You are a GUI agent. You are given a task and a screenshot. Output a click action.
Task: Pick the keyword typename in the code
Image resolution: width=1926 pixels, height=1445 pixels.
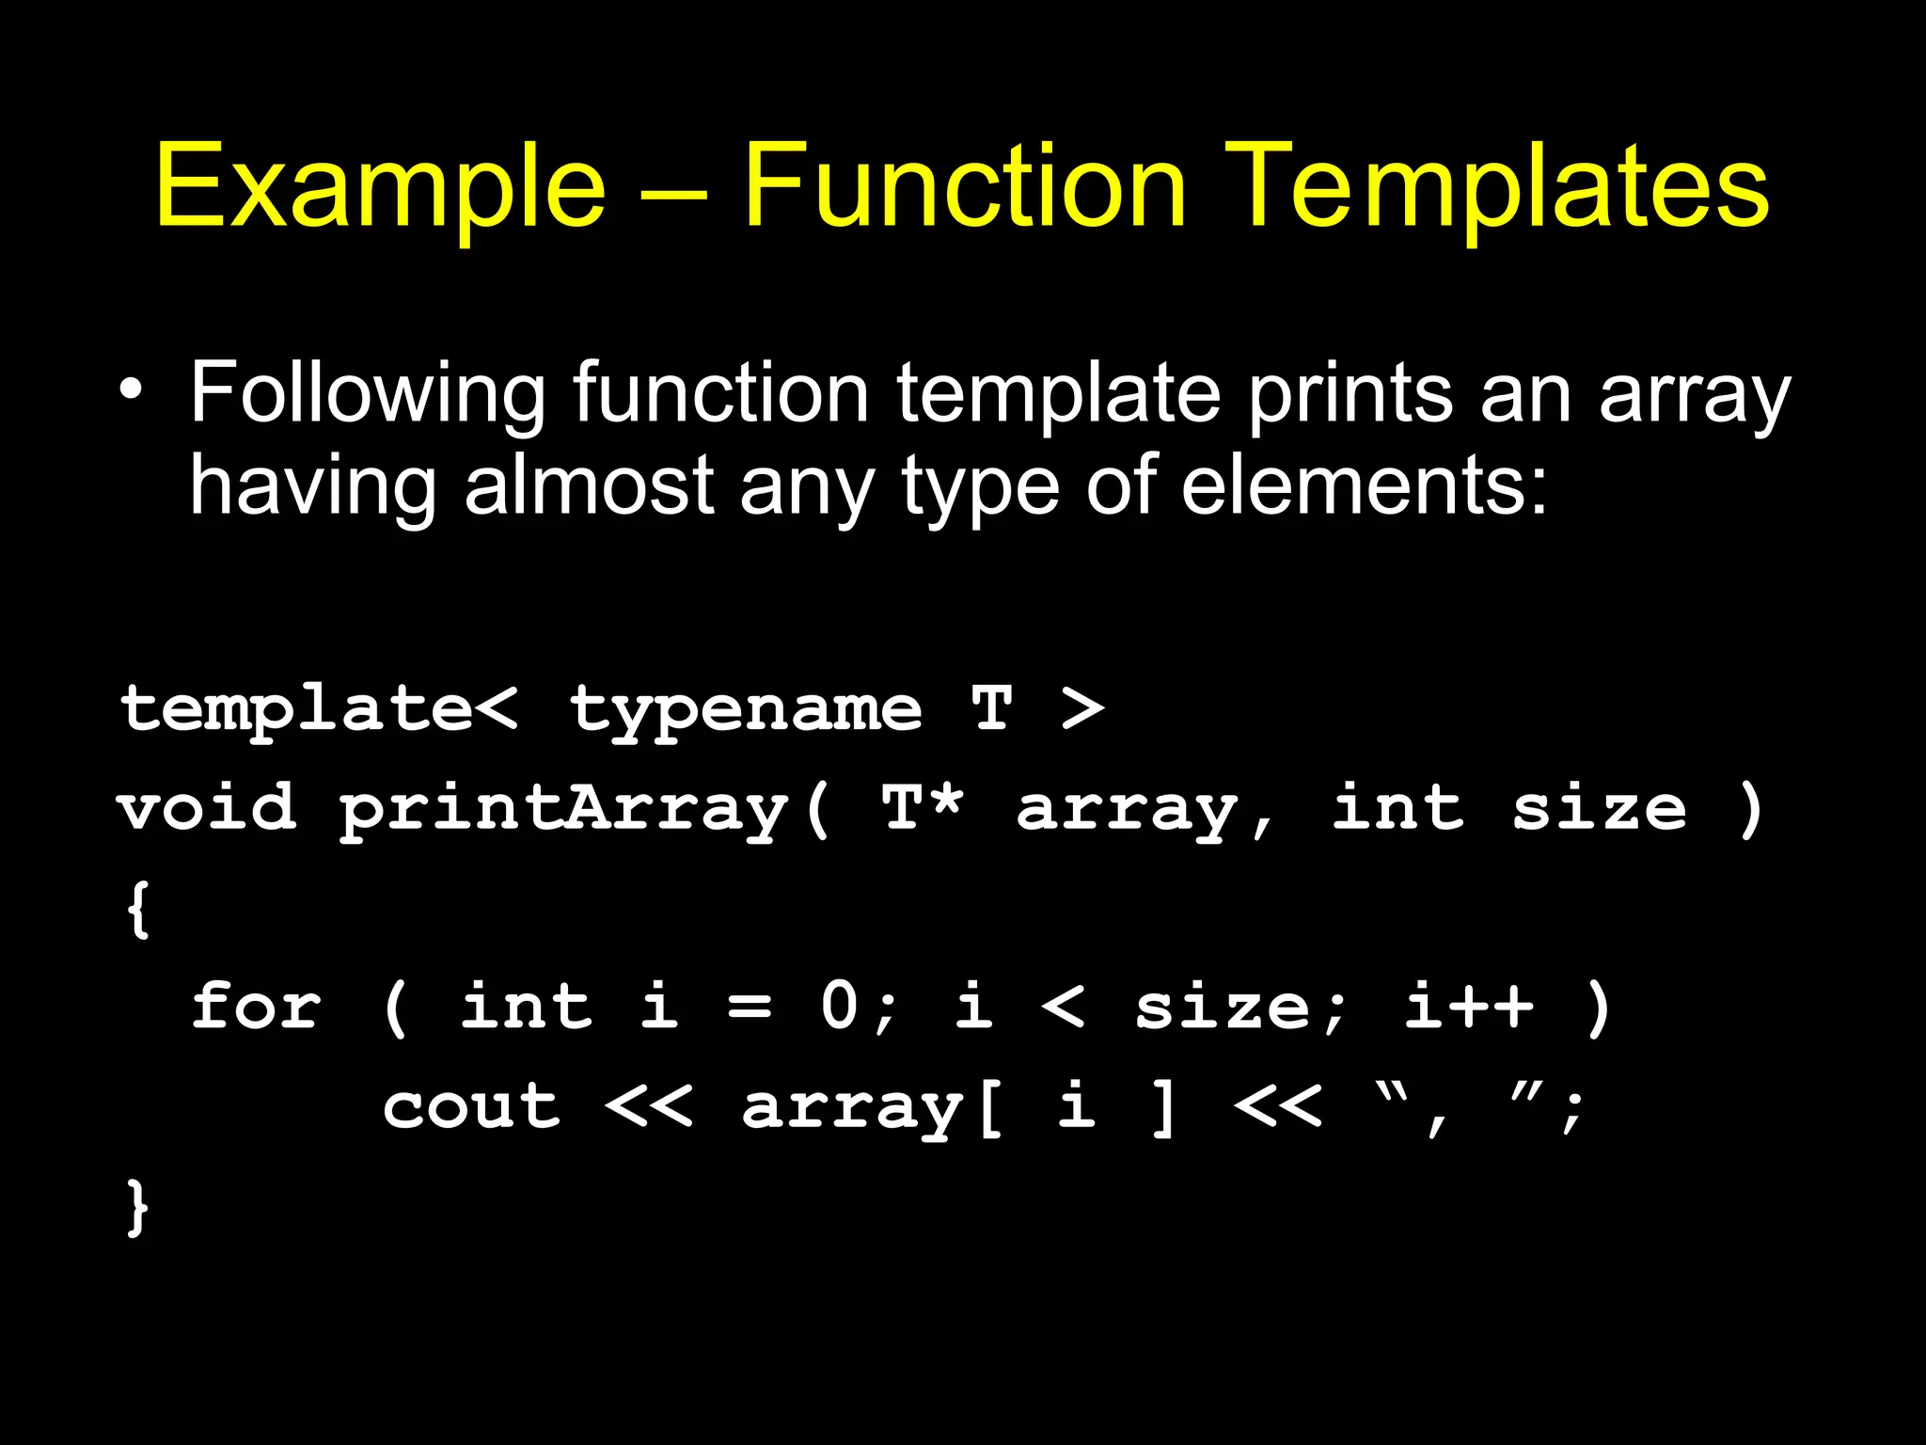click(746, 709)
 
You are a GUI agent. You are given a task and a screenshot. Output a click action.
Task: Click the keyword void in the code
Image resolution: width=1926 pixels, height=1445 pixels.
click(207, 809)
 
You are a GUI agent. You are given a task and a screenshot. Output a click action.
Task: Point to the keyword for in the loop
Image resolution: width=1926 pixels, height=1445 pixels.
click(256, 1007)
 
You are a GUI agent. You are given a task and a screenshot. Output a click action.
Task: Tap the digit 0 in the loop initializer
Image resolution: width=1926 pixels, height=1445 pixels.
click(840, 1006)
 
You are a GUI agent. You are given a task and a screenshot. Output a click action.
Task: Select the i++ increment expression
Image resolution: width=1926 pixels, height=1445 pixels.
click(1468, 1006)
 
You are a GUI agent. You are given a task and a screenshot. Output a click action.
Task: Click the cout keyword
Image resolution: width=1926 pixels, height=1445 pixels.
click(471, 1106)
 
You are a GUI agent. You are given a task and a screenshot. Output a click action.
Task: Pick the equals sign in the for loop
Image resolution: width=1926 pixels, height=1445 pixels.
click(750, 1008)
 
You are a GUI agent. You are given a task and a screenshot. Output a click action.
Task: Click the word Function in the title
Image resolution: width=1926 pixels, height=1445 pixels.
click(965, 185)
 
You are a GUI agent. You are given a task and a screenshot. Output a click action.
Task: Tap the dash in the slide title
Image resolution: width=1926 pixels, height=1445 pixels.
click(672, 195)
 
